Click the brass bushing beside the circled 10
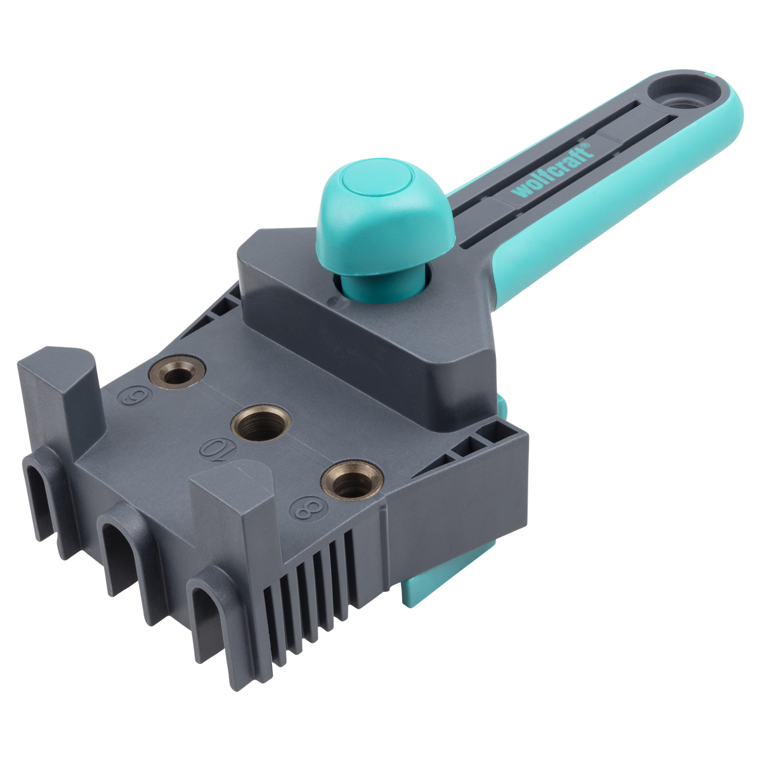(261, 421)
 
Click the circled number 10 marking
(216, 449)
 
